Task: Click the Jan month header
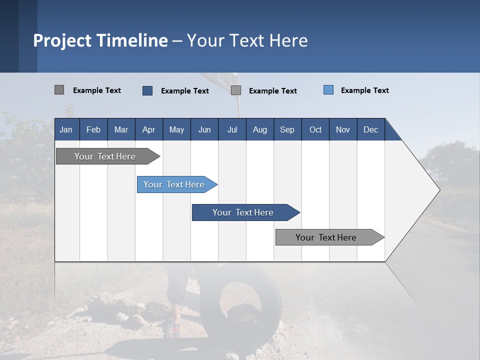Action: click(66, 129)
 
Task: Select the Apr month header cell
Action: click(149, 129)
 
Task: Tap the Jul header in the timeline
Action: click(232, 129)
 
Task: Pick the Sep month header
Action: click(287, 129)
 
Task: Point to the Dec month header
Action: click(370, 129)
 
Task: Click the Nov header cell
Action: click(343, 129)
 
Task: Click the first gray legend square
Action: click(59, 90)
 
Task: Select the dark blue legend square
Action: click(147, 90)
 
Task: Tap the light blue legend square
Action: click(328, 90)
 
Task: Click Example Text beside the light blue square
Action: click(364, 90)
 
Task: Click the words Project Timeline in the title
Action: click(100, 40)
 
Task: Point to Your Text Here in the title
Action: click(247, 40)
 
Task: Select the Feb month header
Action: click(93, 129)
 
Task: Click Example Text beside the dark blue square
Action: click(184, 90)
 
